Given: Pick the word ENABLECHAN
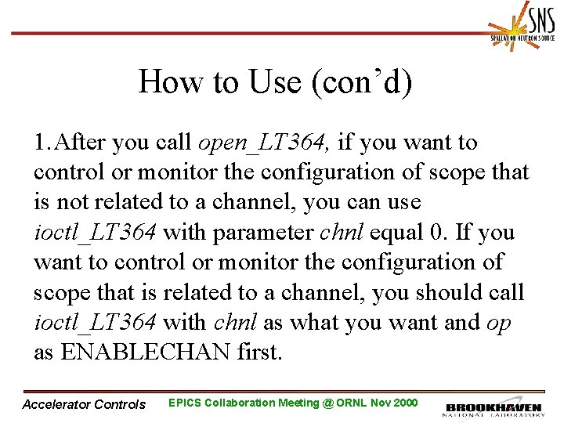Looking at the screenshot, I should pos(144,352).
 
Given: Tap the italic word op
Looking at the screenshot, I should pos(498,322).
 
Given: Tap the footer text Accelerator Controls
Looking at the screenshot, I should pos(85,404).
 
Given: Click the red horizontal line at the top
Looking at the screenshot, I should pos(235,34).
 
